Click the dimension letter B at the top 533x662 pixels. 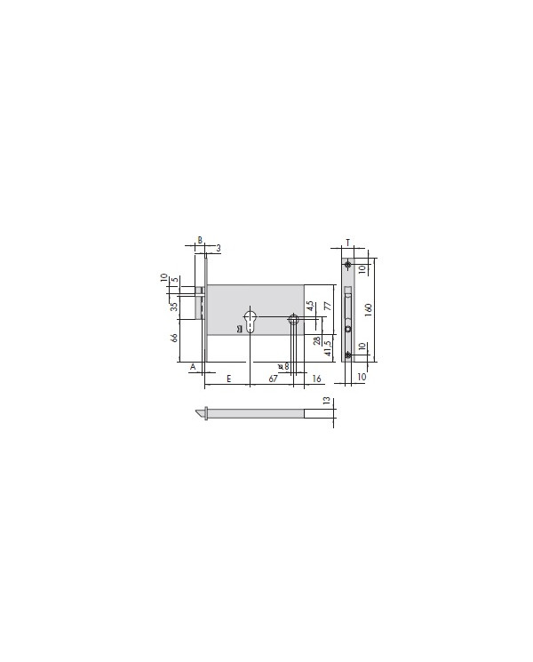tap(200, 240)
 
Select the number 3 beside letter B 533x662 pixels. tap(218, 246)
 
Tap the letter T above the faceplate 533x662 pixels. tap(348, 242)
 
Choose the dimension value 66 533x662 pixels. tap(175, 338)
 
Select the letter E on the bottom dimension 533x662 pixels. tap(228, 379)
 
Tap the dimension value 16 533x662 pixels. tap(317, 379)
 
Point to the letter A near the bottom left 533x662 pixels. tap(193, 365)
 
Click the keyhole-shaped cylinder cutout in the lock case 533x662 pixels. tap(251, 321)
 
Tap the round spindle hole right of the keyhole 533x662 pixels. tap(293, 321)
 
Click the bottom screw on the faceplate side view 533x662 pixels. tap(348, 355)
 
